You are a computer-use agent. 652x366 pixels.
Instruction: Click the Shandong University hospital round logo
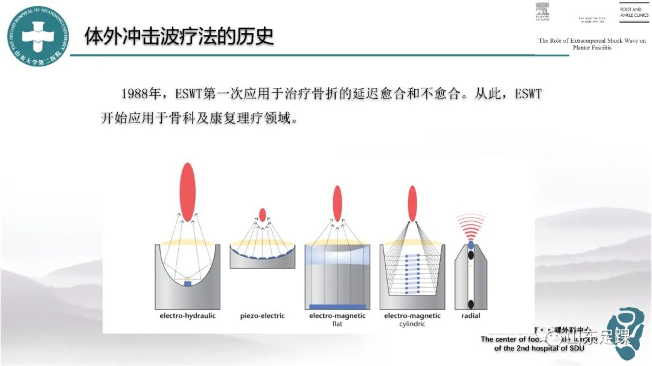(37, 36)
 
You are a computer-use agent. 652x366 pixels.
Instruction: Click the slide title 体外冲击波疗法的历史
(179, 36)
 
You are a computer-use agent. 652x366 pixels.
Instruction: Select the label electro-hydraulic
(187, 316)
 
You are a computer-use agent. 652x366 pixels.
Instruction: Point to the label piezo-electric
(262, 316)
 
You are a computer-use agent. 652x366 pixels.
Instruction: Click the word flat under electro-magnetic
(337, 324)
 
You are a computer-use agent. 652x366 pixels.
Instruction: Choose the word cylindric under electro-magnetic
(412, 324)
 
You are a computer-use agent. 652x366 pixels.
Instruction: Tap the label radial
(471, 316)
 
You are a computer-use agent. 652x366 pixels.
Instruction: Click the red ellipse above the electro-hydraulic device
(187, 192)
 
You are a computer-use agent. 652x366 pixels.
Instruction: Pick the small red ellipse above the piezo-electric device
(262, 215)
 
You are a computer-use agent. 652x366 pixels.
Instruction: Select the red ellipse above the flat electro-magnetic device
(337, 203)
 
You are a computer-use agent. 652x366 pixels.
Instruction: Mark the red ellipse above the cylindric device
(412, 203)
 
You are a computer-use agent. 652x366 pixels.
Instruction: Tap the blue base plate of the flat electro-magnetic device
(337, 306)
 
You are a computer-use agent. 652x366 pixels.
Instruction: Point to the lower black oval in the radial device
(471, 303)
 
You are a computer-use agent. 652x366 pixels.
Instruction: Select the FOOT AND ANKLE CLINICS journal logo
(633, 12)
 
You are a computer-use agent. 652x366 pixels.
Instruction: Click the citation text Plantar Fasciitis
(592, 48)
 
